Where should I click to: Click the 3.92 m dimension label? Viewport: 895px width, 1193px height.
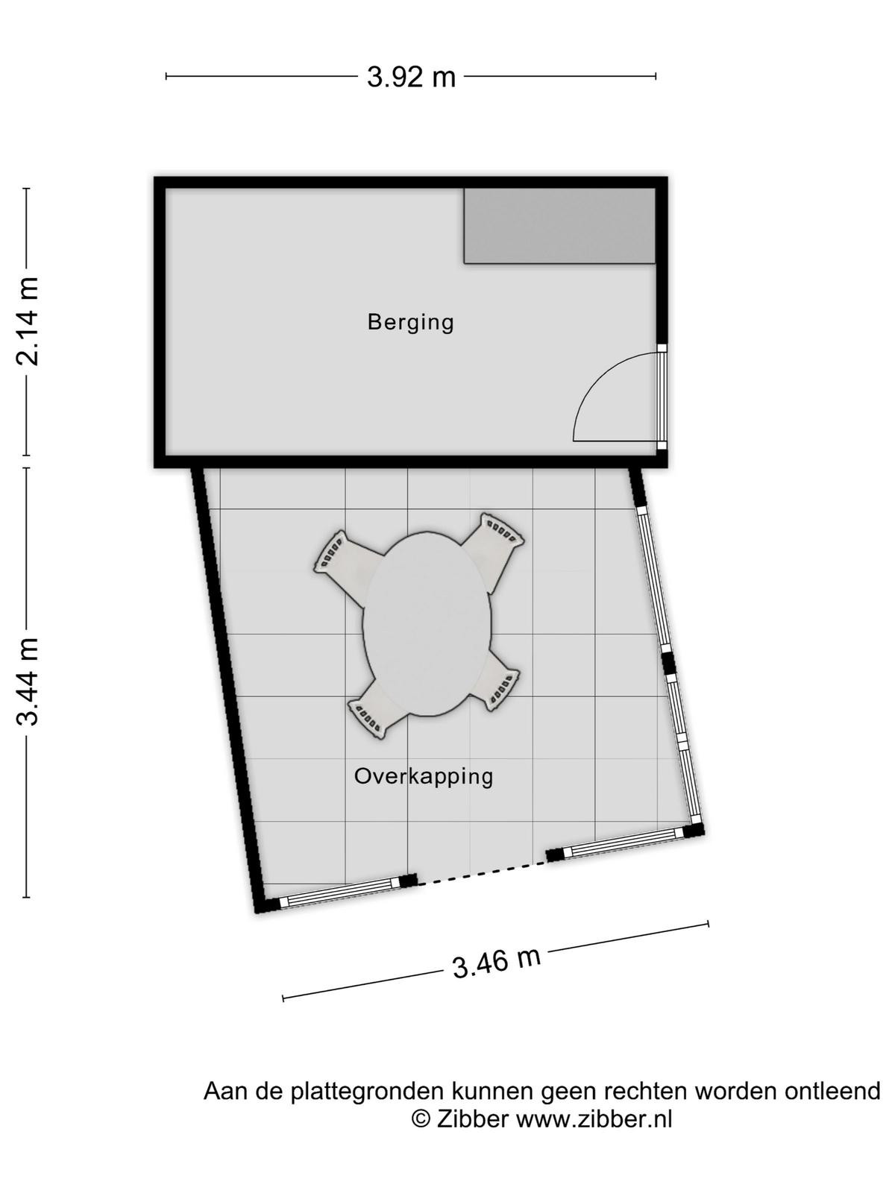coord(411,78)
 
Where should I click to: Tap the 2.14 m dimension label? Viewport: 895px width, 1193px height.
coord(28,321)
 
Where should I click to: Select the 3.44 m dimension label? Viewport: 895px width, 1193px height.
coord(28,682)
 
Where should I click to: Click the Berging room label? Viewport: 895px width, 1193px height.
coord(411,322)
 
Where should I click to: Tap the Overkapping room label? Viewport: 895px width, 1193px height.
coord(424,776)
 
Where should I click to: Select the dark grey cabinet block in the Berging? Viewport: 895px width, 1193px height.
coord(559,226)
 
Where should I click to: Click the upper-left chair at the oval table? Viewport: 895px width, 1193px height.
coord(347,565)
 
